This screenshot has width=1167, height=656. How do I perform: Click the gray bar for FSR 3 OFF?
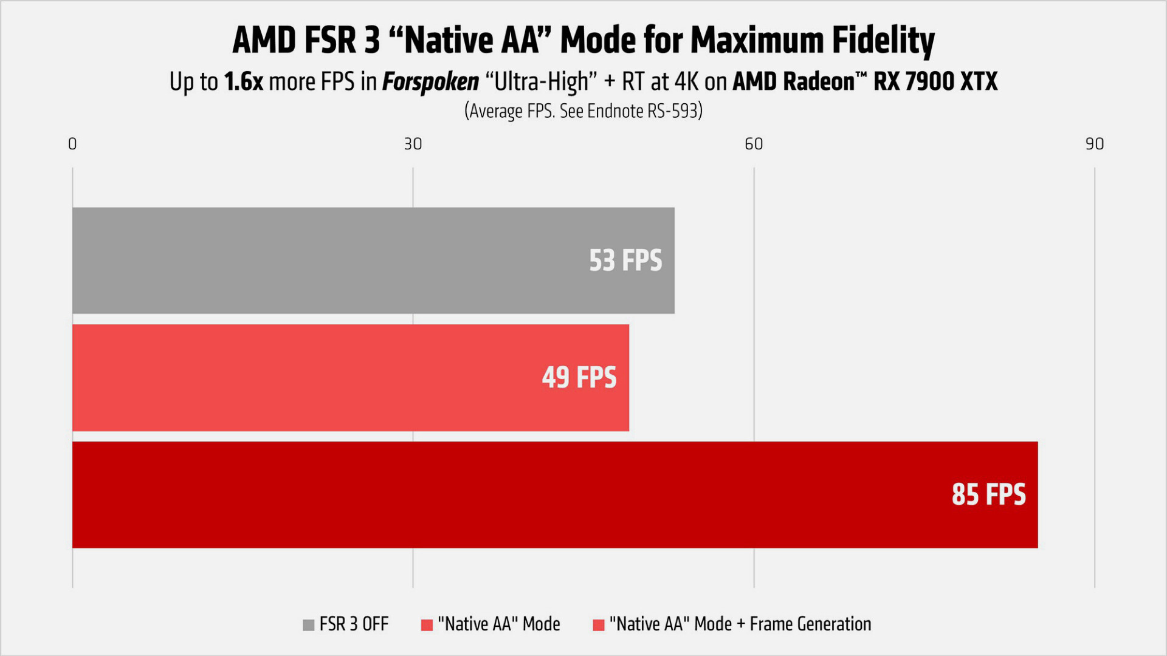point(328,261)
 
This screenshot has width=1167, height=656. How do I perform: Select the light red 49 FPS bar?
point(304,377)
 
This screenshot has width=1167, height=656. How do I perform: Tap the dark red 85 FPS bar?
point(486,494)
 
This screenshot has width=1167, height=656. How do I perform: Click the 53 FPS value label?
point(625,261)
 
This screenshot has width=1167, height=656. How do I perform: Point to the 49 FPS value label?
point(579,377)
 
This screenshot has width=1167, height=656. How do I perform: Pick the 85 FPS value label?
point(988,494)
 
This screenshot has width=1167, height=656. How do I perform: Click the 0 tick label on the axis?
point(72,144)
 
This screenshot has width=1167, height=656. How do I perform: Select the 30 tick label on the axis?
point(413,144)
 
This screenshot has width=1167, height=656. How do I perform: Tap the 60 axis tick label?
point(754,144)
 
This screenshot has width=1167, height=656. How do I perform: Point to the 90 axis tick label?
point(1095,144)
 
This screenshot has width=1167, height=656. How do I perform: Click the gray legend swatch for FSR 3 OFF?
point(309,625)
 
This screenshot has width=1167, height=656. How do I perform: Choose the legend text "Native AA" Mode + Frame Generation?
point(740,624)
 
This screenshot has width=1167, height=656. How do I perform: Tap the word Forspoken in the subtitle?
point(430,82)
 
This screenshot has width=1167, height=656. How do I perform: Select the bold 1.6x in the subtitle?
point(244,82)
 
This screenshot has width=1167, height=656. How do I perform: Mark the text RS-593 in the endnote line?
point(675,111)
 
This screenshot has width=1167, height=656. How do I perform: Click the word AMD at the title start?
point(264,41)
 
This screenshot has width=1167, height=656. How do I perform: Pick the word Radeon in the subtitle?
point(818,82)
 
